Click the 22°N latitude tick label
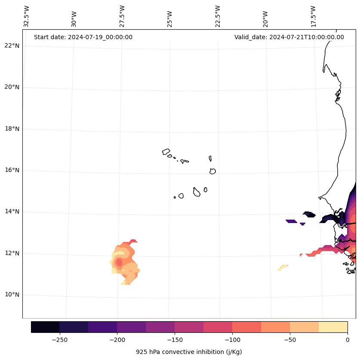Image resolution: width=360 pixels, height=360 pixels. tap(12, 46)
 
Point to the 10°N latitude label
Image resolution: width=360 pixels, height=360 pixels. tap(12, 295)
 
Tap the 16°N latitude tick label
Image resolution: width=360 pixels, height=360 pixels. tap(12, 171)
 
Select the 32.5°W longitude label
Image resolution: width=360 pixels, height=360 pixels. tap(27, 16)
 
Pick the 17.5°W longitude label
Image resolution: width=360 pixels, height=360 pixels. tap(313, 16)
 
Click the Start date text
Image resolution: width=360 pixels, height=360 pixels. tap(83, 37)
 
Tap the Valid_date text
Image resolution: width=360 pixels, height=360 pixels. tap(289, 37)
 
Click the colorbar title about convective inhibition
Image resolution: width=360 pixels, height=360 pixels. tap(189, 352)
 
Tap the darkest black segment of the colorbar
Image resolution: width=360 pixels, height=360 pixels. tap(45, 327)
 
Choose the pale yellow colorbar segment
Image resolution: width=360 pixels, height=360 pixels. tap(333, 327)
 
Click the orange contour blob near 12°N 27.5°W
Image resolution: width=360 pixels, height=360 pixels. tap(125, 262)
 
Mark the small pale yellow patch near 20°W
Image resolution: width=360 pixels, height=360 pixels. tap(283, 267)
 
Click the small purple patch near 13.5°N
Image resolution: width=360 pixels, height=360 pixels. tap(291, 221)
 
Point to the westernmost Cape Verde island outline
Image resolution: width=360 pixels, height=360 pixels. tap(166, 152)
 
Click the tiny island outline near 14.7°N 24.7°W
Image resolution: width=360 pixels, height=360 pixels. tap(175, 197)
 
